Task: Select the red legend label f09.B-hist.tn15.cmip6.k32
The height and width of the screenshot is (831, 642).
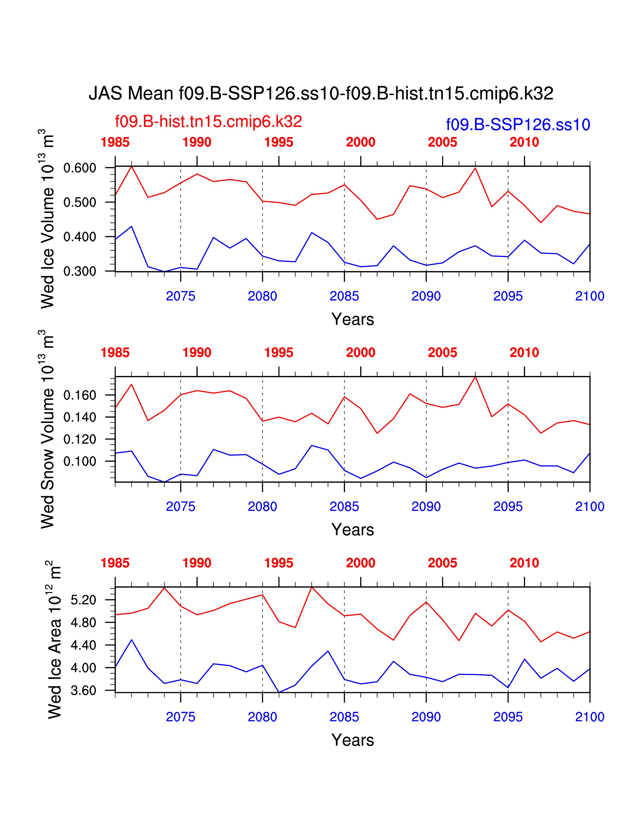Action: pos(208,122)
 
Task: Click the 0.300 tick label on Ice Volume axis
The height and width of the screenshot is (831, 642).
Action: pos(80,271)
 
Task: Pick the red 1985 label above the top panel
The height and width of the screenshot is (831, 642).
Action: pos(115,142)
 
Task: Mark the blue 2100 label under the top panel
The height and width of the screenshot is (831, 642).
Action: pos(590,296)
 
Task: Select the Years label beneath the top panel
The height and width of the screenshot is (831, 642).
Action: pos(352,319)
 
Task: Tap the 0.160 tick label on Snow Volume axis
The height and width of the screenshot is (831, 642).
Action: pos(80,395)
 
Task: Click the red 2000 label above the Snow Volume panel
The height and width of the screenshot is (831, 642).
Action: pos(361,353)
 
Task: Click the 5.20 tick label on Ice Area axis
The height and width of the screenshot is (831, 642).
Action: pos(83,600)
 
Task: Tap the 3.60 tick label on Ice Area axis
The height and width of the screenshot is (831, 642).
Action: pos(83,690)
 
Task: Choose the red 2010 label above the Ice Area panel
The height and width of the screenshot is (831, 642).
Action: pos(524,563)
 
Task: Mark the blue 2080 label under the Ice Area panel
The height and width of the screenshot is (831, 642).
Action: pos(262,717)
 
